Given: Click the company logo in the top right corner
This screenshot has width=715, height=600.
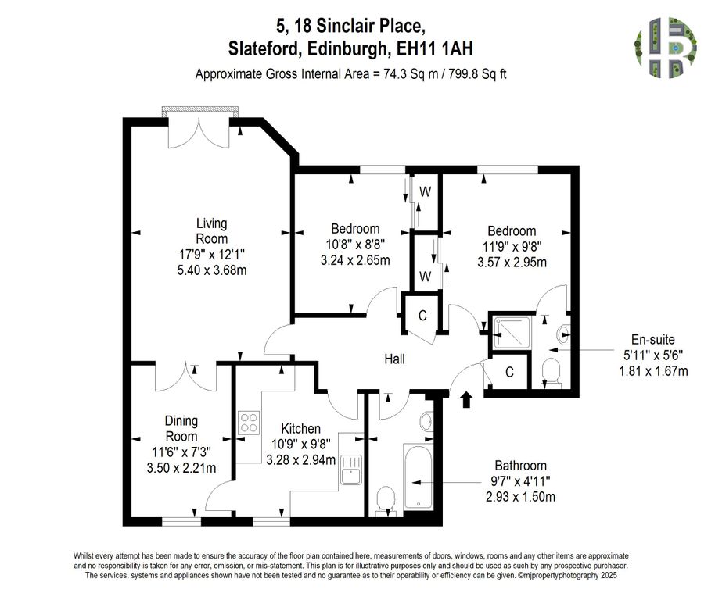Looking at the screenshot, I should (x=665, y=49).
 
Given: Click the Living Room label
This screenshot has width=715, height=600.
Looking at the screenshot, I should (x=211, y=231).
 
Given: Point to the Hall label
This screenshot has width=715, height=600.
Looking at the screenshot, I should (x=394, y=359).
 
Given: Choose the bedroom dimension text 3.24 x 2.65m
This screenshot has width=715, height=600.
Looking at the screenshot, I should (x=355, y=260).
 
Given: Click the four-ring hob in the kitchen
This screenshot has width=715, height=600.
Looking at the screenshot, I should (x=250, y=423).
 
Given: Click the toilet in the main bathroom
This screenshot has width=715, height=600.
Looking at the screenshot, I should (x=385, y=500).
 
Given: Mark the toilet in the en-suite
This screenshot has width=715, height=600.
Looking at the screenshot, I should (x=552, y=372).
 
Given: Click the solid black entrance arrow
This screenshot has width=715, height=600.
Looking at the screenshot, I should (x=467, y=399).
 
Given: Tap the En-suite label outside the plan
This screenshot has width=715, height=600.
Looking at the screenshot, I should (x=653, y=339).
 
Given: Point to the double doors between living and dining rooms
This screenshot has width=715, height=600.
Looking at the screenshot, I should (x=186, y=377).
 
